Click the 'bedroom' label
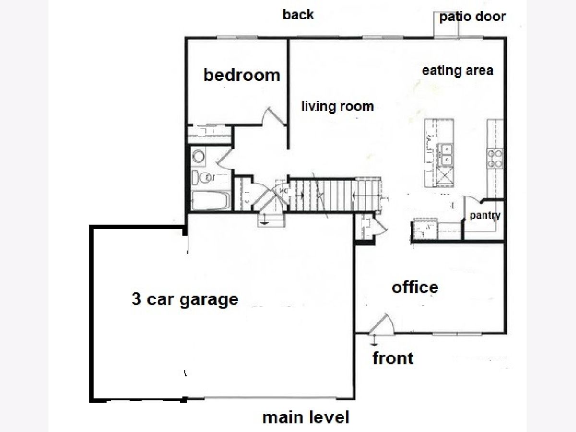[242, 75]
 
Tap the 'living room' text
[338, 107]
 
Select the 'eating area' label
[457, 71]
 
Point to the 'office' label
[415, 288]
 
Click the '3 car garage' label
[185, 299]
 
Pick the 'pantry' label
[485, 216]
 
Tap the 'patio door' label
[473, 17]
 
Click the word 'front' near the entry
[393, 358]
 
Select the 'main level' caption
[306, 418]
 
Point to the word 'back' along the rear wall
[298, 15]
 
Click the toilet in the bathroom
[201, 178]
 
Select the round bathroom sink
[198, 156]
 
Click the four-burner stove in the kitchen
[495, 158]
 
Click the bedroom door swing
[274, 116]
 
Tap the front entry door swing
[382, 324]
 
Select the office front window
[457, 334]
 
